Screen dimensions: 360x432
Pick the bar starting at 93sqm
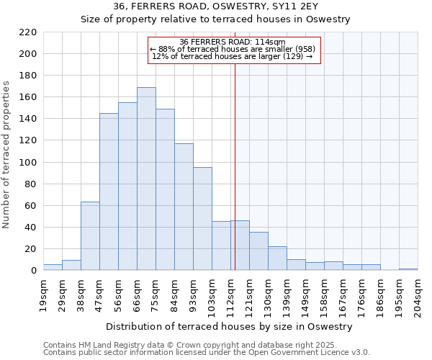[x=202, y=219]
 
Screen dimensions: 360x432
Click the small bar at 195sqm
[x=408, y=269]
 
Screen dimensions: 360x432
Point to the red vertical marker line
[x=235, y=166]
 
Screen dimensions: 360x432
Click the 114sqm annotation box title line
[x=232, y=42]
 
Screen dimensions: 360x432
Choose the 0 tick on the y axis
[x=33, y=271]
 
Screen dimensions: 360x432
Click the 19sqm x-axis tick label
[x=44, y=293]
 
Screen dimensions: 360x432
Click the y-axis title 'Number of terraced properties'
[x=7, y=154]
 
